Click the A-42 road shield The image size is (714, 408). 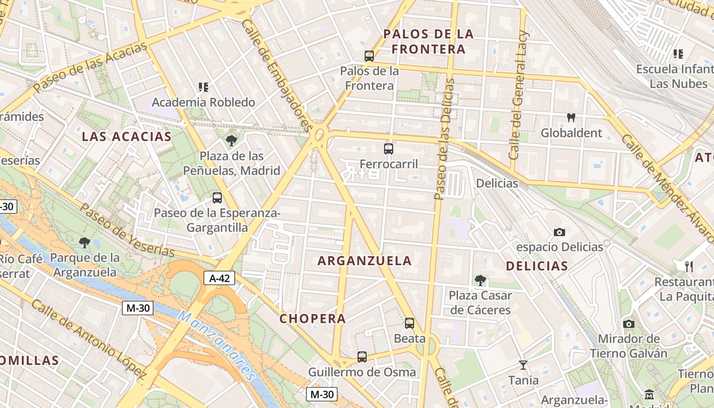pyautogui.click(x=219, y=278)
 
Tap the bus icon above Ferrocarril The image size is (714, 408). pyautogui.click(x=389, y=149)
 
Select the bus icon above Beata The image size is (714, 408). pyautogui.click(x=410, y=323)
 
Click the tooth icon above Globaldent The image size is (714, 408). pyautogui.click(x=571, y=118)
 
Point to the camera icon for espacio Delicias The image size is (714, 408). pyautogui.click(x=559, y=233)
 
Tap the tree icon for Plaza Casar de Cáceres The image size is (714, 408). pyautogui.click(x=480, y=280)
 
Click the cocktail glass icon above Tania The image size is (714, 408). pyautogui.click(x=523, y=365)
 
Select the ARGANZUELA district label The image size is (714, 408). pyautogui.click(x=365, y=261)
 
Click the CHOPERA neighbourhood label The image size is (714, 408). pyautogui.click(x=313, y=319)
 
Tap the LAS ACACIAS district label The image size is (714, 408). pyautogui.click(x=127, y=137)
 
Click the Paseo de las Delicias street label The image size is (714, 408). pyautogui.click(x=443, y=139)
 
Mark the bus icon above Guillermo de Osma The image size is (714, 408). pyautogui.click(x=362, y=357)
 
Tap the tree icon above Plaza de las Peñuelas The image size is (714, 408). pyautogui.click(x=232, y=141)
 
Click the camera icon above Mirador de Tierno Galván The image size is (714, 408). pyautogui.click(x=629, y=324)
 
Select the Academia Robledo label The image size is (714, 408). pyautogui.click(x=203, y=103)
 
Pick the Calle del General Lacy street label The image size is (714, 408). pyautogui.click(x=519, y=94)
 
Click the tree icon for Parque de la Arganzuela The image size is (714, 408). pyautogui.click(x=85, y=243)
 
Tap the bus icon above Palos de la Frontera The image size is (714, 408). pyautogui.click(x=369, y=56)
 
